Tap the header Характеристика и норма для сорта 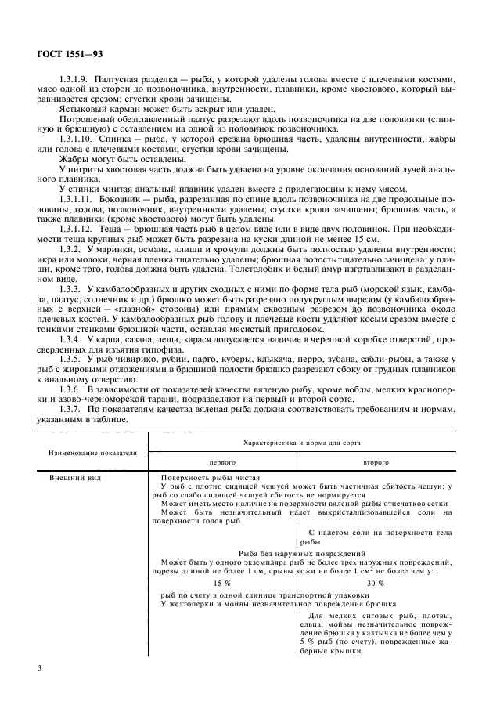(x=301, y=443)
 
